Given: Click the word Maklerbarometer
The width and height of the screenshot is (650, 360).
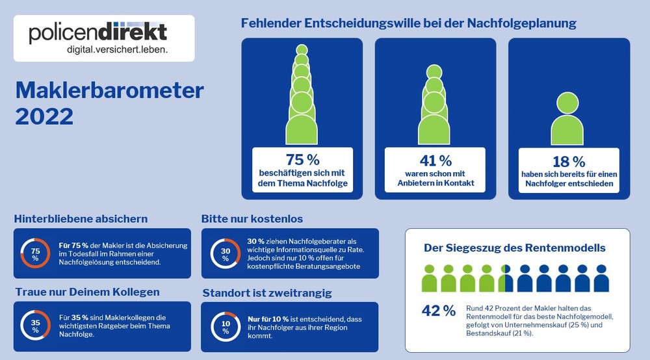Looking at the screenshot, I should coord(109,90).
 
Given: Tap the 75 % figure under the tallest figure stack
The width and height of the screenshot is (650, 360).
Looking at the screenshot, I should coord(303,159).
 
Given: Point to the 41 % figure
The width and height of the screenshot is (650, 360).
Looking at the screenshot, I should coord(435,160).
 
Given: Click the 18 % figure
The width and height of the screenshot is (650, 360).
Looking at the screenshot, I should coord(569,162).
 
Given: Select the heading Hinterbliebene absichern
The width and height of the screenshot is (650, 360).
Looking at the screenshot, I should coord(81,218).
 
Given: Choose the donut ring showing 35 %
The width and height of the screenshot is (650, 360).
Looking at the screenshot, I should coord(36,326).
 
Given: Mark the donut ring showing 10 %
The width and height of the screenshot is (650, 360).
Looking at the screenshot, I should coord(225,326).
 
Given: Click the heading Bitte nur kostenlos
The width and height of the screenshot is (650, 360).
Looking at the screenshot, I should coord(252,218).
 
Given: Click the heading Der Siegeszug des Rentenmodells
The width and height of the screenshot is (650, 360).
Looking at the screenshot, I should coord(514,248).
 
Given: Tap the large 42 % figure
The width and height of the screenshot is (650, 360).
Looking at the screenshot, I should coord(439,311).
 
